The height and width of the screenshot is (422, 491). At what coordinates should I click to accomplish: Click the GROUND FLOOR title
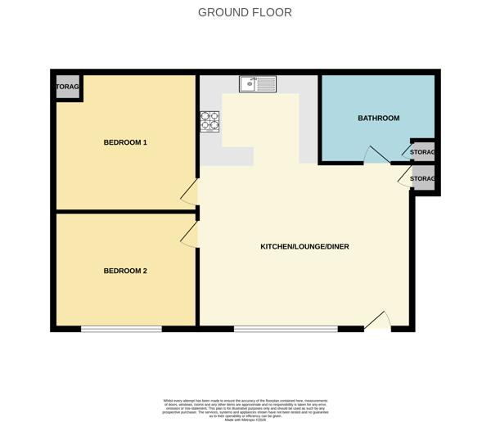(x=245, y=12)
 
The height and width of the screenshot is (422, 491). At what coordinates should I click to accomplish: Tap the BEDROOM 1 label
(x=125, y=142)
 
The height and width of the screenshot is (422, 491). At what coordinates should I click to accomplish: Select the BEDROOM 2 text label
(x=125, y=271)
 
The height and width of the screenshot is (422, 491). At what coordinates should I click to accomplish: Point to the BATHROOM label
(x=378, y=119)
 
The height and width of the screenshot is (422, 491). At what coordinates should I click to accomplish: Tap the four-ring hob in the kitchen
(x=209, y=121)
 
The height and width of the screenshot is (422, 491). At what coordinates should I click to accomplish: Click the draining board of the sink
(x=267, y=83)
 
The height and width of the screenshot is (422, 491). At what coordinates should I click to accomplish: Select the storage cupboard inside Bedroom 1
(x=67, y=87)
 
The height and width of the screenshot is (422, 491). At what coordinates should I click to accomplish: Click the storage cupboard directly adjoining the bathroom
(x=423, y=152)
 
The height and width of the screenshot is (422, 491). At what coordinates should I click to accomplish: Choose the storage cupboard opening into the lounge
(x=423, y=178)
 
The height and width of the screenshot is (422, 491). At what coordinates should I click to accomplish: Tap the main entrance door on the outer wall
(x=377, y=322)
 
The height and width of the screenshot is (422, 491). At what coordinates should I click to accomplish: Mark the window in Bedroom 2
(x=121, y=329)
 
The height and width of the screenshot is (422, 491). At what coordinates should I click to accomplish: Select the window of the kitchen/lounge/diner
(x=286, y=329)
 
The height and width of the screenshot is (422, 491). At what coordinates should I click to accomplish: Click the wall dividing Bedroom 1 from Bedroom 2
(x=125, y=212)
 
